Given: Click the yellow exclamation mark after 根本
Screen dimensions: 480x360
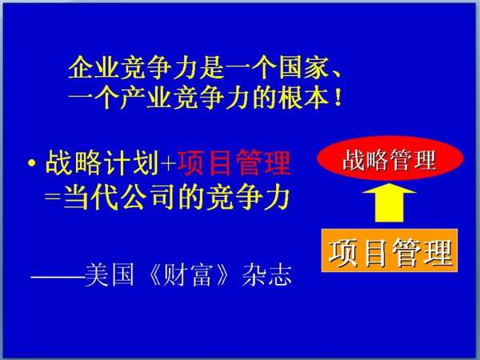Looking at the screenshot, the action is (338, 98).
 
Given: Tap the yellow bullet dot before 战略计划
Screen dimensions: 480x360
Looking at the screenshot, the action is (31, 162).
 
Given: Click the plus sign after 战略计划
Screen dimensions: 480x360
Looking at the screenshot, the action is (169, 164).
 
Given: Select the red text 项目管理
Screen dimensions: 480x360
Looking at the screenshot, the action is (234, 162).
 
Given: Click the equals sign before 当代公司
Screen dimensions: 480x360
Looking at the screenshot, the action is (53, 197).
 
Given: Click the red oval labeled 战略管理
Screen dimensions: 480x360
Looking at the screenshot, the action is (390, 158).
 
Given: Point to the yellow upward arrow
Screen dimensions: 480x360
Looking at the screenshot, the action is (390, 202).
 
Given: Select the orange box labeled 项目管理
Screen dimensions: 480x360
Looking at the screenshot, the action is (390, 250).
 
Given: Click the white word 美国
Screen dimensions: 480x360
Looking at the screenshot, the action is (110, 275).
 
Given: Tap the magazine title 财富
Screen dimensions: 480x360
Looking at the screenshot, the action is (188, 275).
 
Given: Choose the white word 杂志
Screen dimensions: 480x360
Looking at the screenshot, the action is (266, 275).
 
